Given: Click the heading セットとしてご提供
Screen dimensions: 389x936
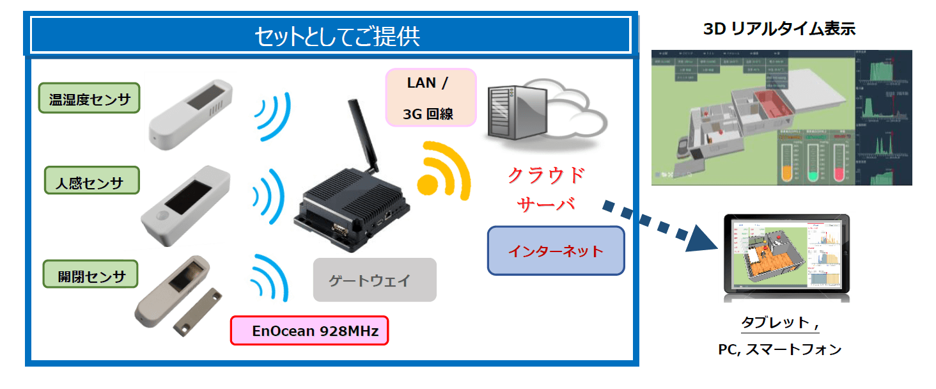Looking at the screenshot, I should [331, 36].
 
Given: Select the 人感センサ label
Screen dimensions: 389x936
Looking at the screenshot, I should [92, 181].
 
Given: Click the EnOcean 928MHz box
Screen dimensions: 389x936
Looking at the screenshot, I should [309, 331].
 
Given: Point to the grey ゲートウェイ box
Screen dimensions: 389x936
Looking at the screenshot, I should [374, 280].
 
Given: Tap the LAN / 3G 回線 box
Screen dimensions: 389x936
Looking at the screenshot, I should [431, 97].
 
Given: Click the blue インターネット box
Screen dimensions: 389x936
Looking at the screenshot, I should [555, 250].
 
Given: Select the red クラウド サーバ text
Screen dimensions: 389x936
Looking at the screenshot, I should [547, 189].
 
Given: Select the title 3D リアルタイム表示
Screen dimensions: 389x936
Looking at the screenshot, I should [779, 29].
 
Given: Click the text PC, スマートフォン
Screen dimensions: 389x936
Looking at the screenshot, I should [779, 349].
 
